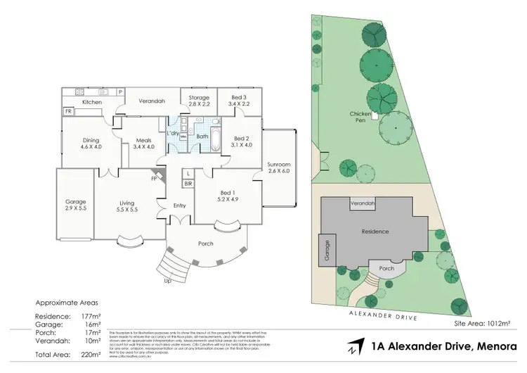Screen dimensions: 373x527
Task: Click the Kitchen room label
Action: pyautogui.click(x=92, y=102)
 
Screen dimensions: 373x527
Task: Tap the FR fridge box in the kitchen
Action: pyautogui.click(x=69, y=112)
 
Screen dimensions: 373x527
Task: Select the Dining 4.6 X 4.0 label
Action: pyautogui.click(x=91, y=144)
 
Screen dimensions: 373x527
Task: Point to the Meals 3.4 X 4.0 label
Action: pyautogui.click(x=143, y=144)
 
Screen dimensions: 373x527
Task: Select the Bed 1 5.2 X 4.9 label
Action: pyautogui.click(x=224, y=195)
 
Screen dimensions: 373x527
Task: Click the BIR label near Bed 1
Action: pyautogui.click(x=188, y=184)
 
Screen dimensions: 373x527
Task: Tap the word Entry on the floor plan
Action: pyautogui.click(x=179, y=206)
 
